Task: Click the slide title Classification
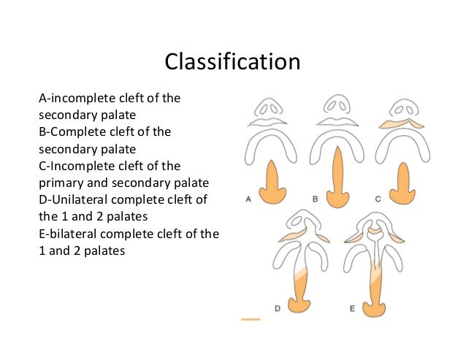click(232, 61)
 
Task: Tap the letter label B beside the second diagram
click(315, 198)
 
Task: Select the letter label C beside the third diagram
click(378, 198)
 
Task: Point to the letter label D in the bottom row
click(278, 309)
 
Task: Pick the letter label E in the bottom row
click(352, 309)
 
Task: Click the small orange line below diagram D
click(250, 319)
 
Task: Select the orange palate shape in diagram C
click(402, 186)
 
